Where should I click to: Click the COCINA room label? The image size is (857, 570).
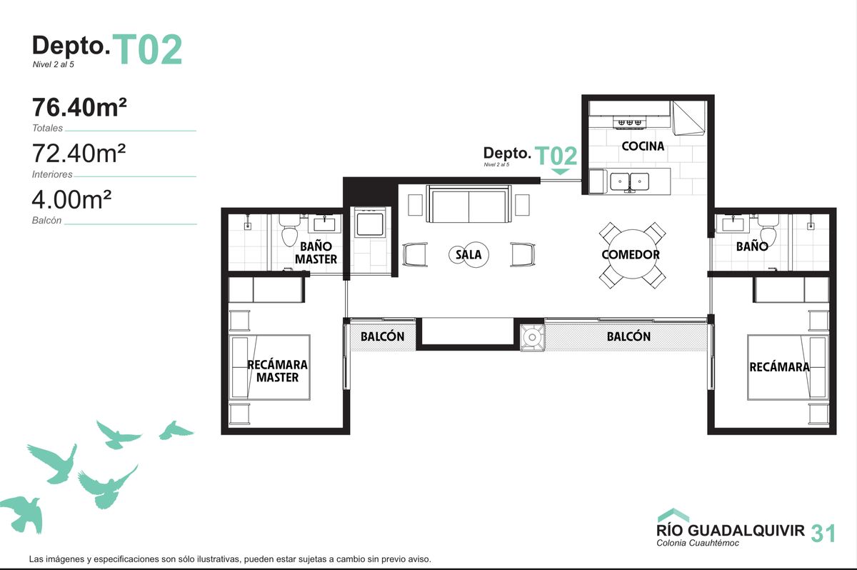[643, 146]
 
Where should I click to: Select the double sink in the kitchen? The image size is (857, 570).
[629, 181]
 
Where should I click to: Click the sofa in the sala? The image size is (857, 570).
[468, 204]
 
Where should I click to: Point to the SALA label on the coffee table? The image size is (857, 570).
[468, 254]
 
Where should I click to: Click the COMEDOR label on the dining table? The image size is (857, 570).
[631, 254]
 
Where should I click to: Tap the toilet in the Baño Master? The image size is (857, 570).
[289, 230]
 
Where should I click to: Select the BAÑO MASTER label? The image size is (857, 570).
[316, 252]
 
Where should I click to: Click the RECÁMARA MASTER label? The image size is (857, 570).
[277, 371]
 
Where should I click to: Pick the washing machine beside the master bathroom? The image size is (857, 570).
[370, 223]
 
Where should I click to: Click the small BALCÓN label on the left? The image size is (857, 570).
[382, 336]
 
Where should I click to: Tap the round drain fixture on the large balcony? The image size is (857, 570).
[532, 337]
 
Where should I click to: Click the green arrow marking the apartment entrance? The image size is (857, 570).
[560, 171]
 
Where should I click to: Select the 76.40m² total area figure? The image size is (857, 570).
[79, 107]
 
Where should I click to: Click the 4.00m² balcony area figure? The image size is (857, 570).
[71, 200]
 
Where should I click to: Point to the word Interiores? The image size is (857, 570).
[52, 174]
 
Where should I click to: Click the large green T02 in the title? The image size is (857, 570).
[147, 50]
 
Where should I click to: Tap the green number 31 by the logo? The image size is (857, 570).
[823, 533]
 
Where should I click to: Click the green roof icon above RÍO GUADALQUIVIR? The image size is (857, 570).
[673, 515]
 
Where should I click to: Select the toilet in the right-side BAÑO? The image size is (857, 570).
[768, 229]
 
